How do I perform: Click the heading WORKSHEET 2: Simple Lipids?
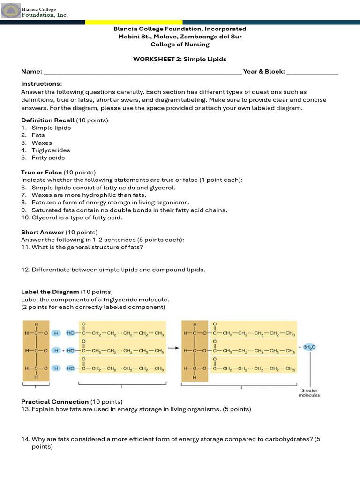pyautogui.click(x=180, y=59)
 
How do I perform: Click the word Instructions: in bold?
pyautogui.click(x=41, y=83)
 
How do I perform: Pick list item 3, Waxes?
pyautogui.click(x=42, y=142)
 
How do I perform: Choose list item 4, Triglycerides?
pyautogui.click(x=51, y=150)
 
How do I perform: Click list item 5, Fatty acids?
pyautogui.click(x=48, y=157)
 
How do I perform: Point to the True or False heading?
pyautogui.click(x=41, y=172)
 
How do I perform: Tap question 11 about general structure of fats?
pyautogui.click(x=87, y=247)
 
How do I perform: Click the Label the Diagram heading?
pyautogui.click(x=50, y=292)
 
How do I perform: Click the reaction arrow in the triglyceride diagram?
pyautogui.click(x=173, y=348)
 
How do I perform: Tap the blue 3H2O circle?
pyautogui.click(x=309, y=347)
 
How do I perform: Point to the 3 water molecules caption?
pyautogui.click(x=309, y=393)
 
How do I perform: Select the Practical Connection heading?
pyautogui.click(x=55, y=402)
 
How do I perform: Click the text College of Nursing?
pyautogui.click(x=180, y=45)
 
